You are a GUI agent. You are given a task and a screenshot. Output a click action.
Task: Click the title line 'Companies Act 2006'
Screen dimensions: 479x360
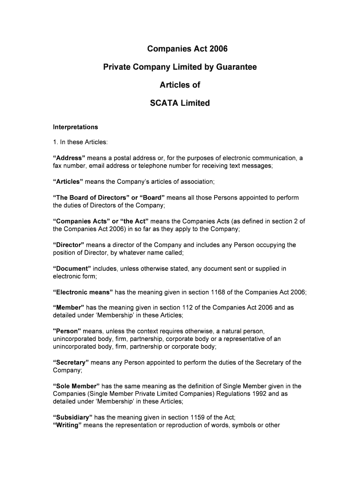click(x=180, y=49)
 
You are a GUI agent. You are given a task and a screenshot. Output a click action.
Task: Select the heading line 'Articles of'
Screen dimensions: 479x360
click(x=180, y=85)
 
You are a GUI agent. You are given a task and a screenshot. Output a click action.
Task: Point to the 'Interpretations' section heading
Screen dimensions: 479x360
click(x=75, y=127)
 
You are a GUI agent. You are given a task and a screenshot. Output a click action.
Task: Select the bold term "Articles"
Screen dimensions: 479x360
click(x=68, y=181)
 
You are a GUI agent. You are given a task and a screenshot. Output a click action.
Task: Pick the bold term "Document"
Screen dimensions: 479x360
click(x=72, y=269)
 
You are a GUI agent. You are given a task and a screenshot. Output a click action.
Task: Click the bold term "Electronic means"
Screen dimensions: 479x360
click(x=83, y=292)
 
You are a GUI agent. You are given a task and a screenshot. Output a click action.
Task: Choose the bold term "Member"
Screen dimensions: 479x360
click(x=68, y=307)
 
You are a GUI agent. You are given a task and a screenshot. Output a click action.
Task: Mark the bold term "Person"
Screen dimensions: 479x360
click(x=67, y=331)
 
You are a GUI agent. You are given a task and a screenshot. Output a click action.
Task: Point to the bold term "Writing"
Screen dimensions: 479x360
click(x=68, y=425)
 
